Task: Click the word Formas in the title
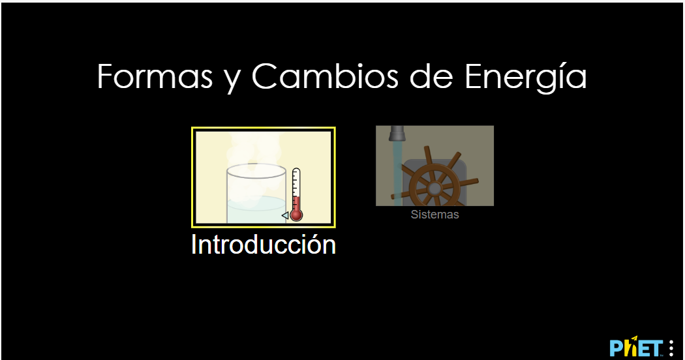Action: (x=155, y=76)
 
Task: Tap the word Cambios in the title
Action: (x=325, y=76)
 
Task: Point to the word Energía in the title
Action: (x=525, y=78)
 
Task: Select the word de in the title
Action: (x=431, y=76)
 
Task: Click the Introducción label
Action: (x=264, y=244)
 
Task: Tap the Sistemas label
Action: (x=434, y=215)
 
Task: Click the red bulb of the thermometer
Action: (x=296, y=215)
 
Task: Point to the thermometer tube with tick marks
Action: (x=296, y=188)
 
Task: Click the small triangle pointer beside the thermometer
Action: (x=285, y=215)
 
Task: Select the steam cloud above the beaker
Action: (x=252, y=153)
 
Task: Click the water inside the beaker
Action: (x=256, y=210)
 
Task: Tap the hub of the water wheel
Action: (x=434, y=188)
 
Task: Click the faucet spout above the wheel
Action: (x=397, y=133)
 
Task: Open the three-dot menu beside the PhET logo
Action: (x=671, y=348)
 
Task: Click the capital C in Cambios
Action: (x=266, y=76)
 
